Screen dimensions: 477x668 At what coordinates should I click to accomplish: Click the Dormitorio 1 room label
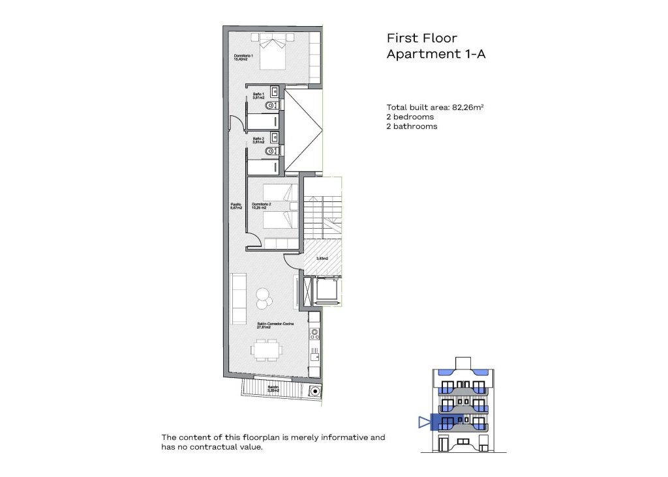pos(244,59)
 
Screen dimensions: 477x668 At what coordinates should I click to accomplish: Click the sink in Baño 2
pos(275,138)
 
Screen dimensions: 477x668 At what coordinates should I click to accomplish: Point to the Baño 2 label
pos(258,140)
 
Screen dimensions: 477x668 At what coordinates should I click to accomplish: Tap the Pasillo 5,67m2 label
pos(236,207)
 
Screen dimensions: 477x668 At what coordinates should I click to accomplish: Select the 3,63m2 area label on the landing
pos(322,258)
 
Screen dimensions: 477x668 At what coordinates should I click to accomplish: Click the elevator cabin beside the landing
pos(326,289)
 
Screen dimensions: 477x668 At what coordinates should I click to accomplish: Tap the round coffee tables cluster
pos(265,298)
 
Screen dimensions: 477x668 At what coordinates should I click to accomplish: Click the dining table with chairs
pos(267,350)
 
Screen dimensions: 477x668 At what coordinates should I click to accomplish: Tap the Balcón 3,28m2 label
pos(274,389)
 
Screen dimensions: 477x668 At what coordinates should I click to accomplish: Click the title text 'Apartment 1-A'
pos(436,55)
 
